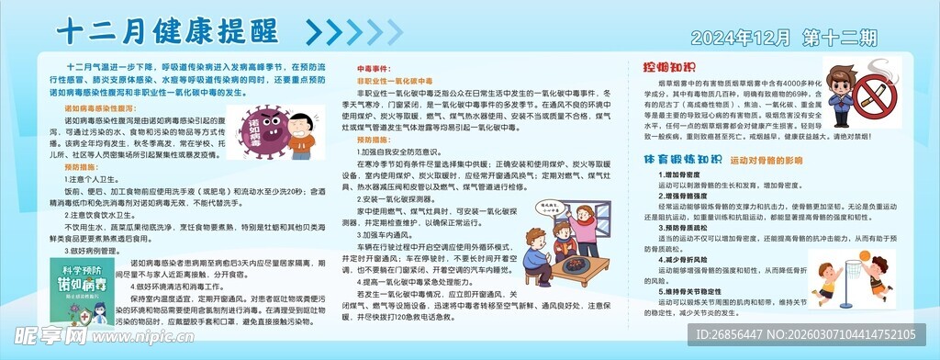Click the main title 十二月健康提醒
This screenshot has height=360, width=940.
pos(166,30)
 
